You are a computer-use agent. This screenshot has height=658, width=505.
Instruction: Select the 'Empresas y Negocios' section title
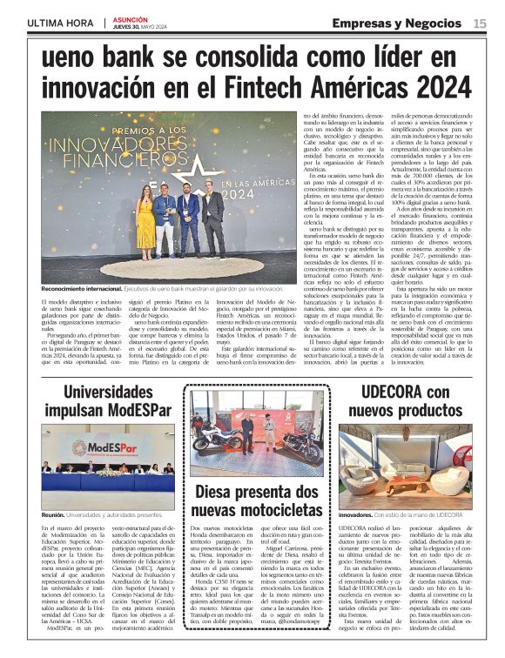(395, 23)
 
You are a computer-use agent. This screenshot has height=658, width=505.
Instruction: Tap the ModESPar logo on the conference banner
(91, 446)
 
